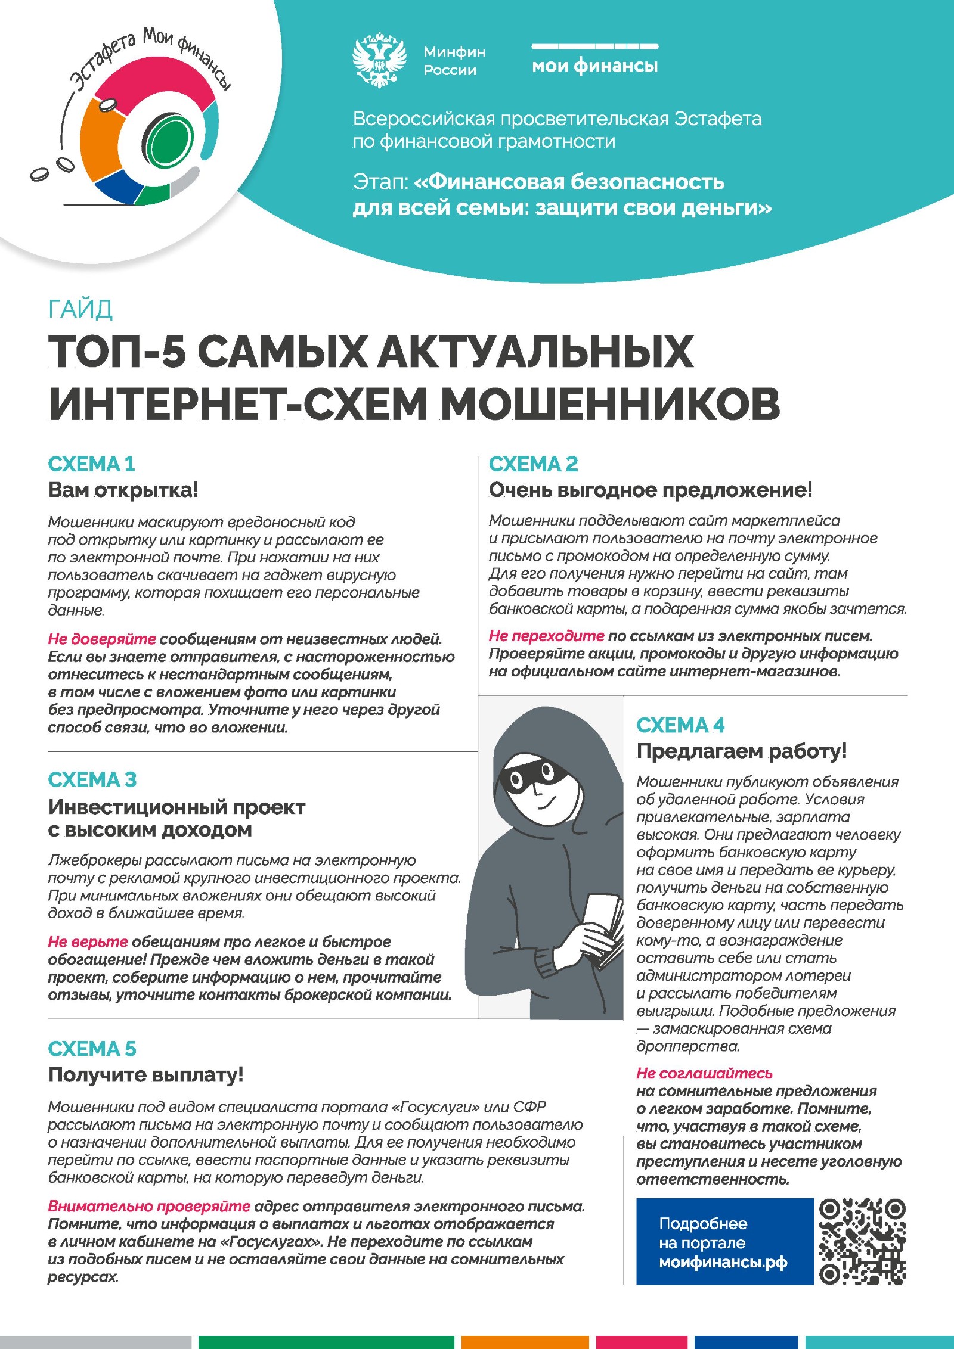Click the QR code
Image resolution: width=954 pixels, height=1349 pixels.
tap(862, 1242)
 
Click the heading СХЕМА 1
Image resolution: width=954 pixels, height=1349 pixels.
tap(91, 464)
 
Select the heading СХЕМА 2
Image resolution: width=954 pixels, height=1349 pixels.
tap(533, 464)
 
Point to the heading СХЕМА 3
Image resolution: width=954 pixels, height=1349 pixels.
tap(92, 779)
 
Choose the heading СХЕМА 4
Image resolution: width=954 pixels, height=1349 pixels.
tap(680, 725)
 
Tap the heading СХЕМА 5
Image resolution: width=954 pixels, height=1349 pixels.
tap(92, 1049)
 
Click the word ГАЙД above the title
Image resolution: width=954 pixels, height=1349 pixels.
tap(80, 309)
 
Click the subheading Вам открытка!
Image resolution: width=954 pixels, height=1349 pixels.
tap(123, 490)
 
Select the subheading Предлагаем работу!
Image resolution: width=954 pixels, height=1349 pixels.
tap(741, 751)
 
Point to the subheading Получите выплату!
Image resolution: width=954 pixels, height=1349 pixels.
tap(145, 1075)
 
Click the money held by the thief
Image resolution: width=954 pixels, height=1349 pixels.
tap(602, 930)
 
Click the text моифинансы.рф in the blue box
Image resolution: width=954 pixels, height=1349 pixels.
tap(723, 1262)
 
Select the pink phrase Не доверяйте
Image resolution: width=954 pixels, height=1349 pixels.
tap(101, 639)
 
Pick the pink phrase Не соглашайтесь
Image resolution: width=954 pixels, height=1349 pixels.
tap(704, 1074)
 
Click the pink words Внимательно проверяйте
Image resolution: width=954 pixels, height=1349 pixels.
tap(148, 1207)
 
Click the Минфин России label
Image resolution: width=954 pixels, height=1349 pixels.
tap(454, 61)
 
